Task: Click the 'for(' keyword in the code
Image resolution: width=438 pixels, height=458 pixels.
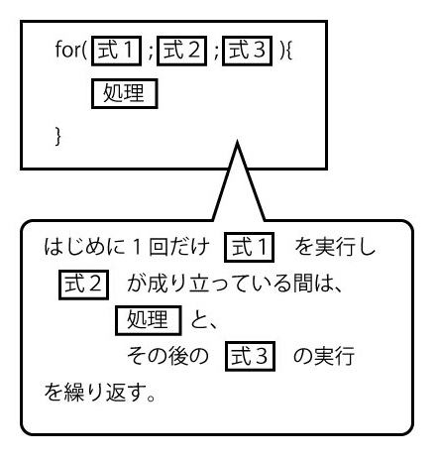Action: pyautogui.click(x=71, y=50)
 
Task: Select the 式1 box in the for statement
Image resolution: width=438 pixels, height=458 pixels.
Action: pyautogui.click(x=116, y=51)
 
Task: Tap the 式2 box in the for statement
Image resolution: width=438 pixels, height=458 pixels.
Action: pyautogui.click(x=181, y=51)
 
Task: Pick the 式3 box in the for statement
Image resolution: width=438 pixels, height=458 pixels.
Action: pyautogui.click(x=247, y=51)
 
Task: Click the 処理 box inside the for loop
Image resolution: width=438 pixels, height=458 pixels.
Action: pyautogui.click(x=125, y=93)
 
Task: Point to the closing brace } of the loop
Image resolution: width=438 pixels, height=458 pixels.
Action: pyautogui.click(x=58, y=136)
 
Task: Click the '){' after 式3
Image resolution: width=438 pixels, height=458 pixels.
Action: pyautogui.click(x=286, y=51)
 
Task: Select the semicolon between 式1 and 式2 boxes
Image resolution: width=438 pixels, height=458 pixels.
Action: pyautogui.click(x=150, y=53)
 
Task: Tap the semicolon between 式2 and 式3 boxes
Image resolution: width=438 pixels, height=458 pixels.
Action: pyautogui.click(x=215, y=53)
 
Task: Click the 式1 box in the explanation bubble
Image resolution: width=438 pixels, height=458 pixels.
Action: pyautogui.click(x=249, y=247)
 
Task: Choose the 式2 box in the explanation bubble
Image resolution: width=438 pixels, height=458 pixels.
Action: pyautogui.click(x=83, y=285)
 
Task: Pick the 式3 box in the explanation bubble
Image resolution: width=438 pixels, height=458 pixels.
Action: pyautogui.click(x=250, y=356)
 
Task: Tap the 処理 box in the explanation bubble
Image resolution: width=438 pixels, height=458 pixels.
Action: pyautogui.click(x=149, y=320)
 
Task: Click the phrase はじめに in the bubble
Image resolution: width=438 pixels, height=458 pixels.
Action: pyautogui.click(x=84, y=247)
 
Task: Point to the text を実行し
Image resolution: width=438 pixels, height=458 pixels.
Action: pyautogui.click(x=335, y=247)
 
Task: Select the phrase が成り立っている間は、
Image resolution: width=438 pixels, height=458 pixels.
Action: pyautogui.click(x=234, y=284)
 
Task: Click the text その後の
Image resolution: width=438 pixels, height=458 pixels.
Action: pyautogui.click(x=167, y=356)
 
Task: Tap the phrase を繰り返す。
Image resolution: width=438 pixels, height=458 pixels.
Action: pyautogui.click(x=100, y=393)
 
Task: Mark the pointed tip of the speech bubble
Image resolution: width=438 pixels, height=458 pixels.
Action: pyautogui.click(x=237, y=142)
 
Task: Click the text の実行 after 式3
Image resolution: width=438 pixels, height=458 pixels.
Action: pyautogui.click(x=324, y=356)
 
